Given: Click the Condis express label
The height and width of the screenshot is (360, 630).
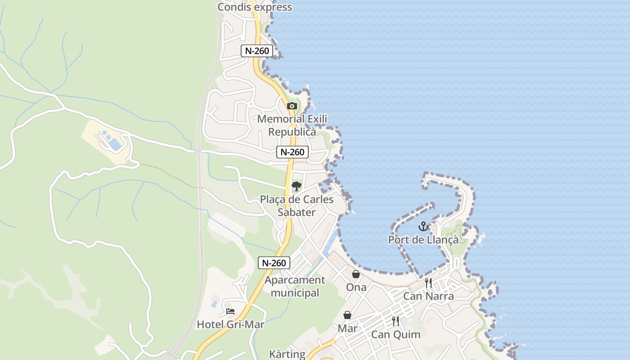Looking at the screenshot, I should [255, 7].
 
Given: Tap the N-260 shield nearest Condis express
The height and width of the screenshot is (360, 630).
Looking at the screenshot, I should [257, 51].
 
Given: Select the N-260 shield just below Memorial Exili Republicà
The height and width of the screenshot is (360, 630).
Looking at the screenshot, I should [292, 152].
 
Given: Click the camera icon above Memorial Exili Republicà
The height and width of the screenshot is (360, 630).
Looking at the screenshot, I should [292, 106].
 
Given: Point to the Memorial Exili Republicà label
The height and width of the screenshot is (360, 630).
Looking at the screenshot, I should [292, 126].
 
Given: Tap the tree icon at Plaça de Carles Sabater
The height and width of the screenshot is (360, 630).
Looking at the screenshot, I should [296, 186].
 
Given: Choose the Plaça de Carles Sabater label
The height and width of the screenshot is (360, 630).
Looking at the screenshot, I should [297, 206].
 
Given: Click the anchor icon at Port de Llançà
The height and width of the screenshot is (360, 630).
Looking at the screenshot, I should [423, 226].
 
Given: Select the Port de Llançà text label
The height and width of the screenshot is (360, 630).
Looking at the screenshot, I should [423, 239].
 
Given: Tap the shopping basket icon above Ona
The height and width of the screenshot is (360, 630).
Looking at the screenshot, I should [356, 274].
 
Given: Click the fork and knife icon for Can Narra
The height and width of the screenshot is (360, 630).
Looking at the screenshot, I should [428, 283].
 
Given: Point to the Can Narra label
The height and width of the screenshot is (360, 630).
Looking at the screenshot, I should [428, 296].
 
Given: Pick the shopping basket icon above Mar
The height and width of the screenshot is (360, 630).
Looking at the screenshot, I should [347, 315].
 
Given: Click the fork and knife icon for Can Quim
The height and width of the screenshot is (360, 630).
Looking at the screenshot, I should [396, 321].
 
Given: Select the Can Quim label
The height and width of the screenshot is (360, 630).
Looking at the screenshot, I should [396, 334].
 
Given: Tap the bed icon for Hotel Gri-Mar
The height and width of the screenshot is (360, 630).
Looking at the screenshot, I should [230, 311].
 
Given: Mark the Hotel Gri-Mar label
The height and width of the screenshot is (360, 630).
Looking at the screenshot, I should [230, 324].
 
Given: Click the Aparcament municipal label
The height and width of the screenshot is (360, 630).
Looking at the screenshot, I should [295, 286].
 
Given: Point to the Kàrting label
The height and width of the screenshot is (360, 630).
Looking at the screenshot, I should [287, 354].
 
